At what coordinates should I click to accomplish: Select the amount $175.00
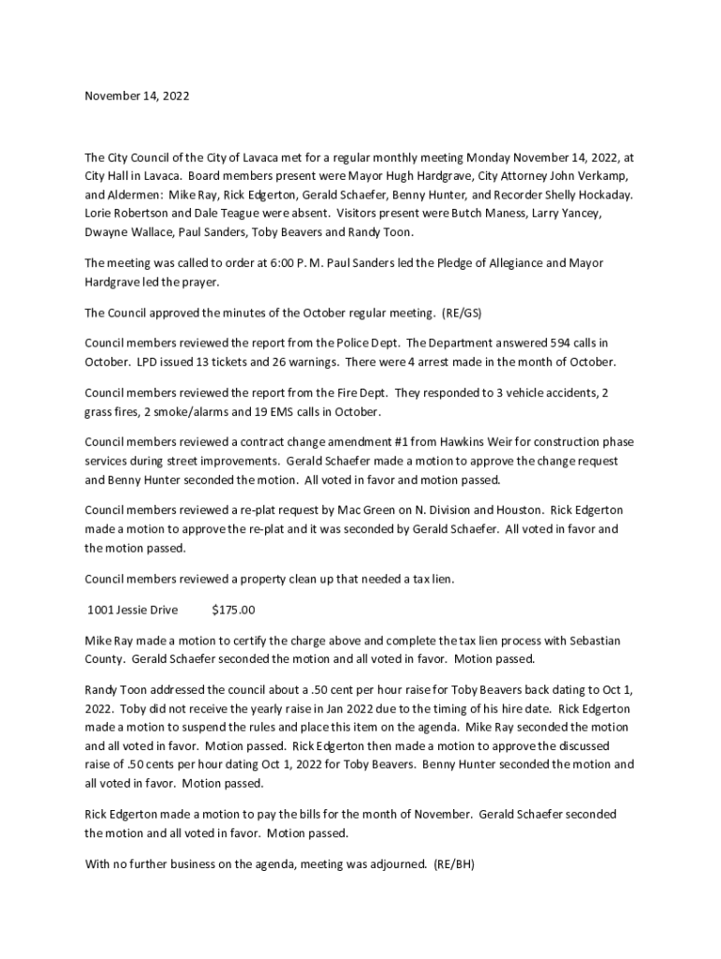point(233,610)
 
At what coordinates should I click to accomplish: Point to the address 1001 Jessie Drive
point(132,610)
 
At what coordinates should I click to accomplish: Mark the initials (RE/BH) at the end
point(454,864)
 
